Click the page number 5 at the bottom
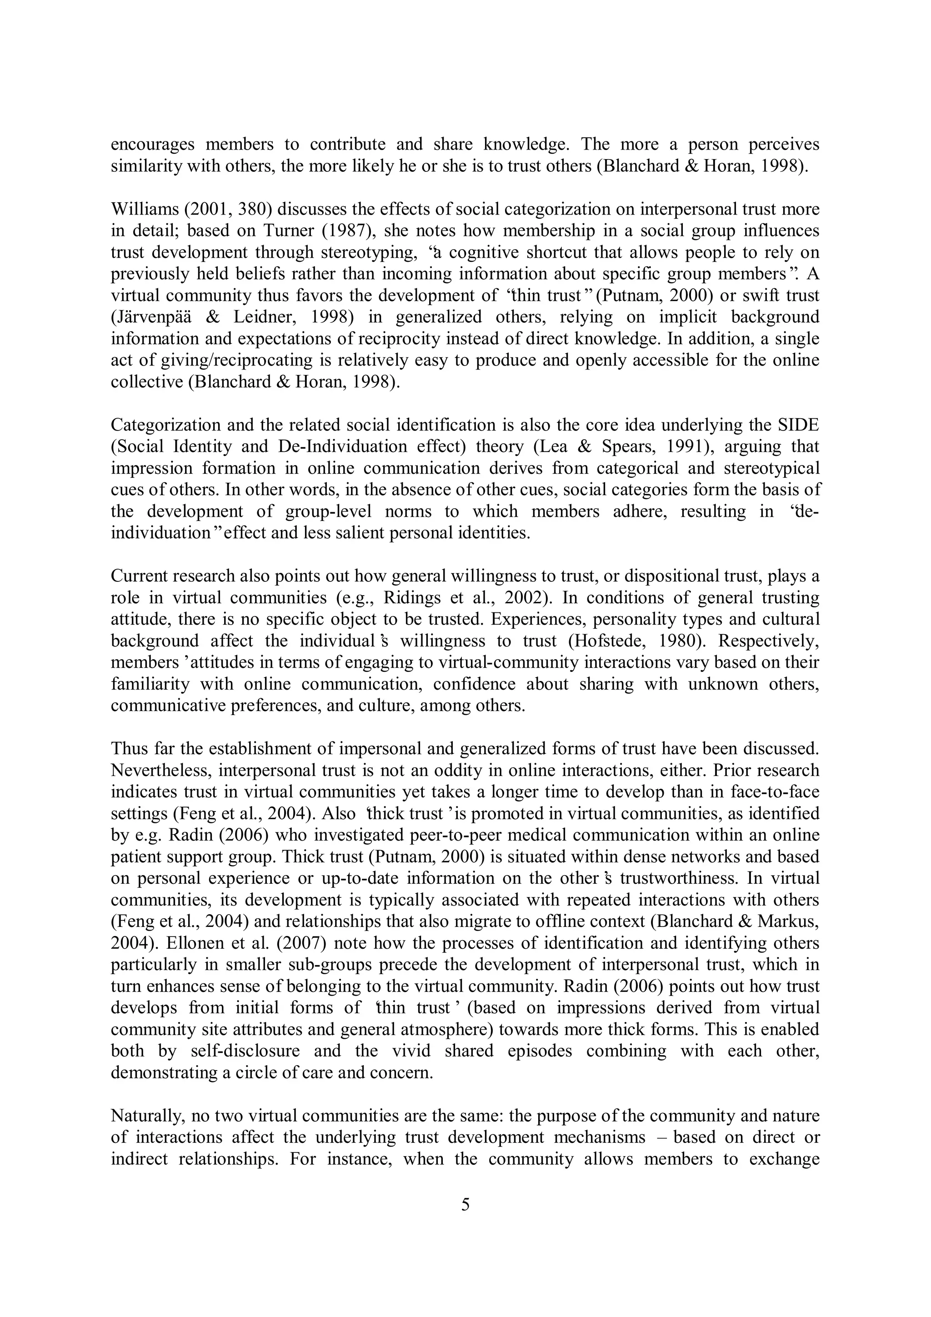[465, 1205]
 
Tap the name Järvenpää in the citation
[151, 317]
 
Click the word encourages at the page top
[152, 145]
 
